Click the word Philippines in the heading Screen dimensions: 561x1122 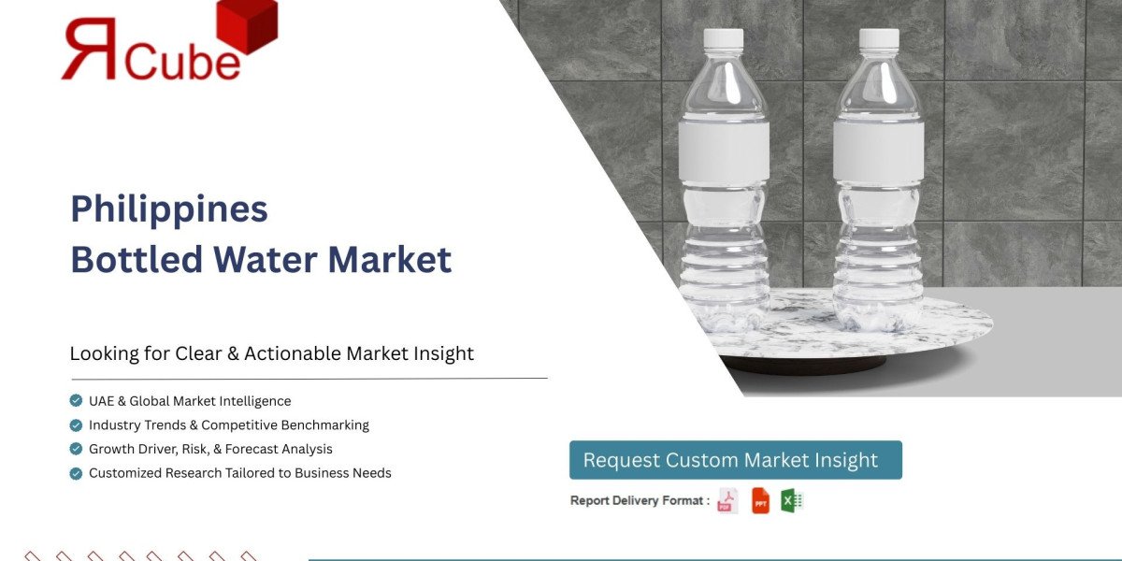pos(169,209)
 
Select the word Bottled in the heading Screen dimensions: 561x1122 pos(127,259)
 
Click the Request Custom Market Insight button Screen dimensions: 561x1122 pos(735,460)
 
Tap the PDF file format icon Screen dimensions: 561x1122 pos(726,501)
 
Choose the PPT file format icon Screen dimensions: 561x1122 pos(760,501)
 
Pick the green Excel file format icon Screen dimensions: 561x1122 pos(792,501)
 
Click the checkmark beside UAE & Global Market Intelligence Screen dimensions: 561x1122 pos(76,401)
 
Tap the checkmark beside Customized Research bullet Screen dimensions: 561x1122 pos(76,473)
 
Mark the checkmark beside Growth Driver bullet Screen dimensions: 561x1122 pos(76,449)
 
